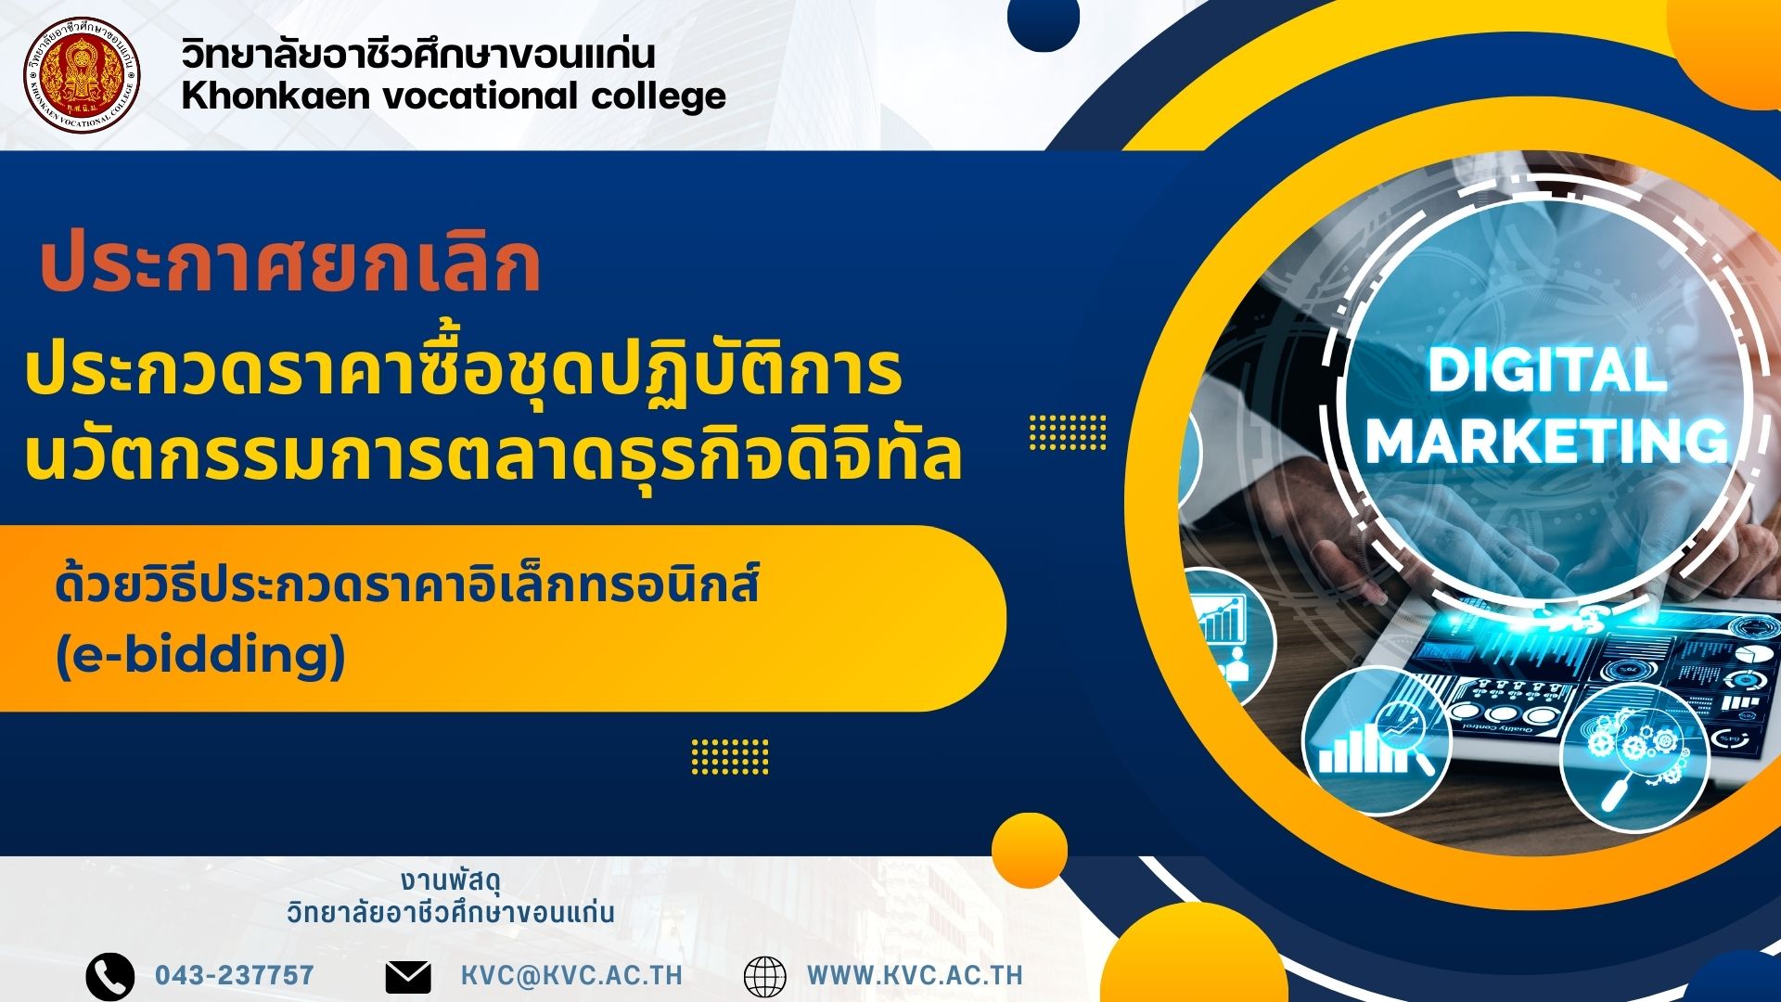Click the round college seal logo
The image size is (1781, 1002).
tap(82, 74)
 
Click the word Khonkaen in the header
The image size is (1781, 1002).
tap(275, 95)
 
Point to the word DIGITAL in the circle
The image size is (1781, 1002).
tap(1547, 370)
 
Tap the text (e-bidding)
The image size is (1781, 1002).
tap(200, 655)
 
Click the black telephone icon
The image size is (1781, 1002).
tap(110, 976)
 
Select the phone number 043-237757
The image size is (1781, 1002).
tap(235, 976)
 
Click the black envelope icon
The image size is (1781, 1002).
tap(408, 977)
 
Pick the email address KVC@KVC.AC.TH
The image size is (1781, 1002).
tap(571, 976)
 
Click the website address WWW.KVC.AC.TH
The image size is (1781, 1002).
tap(915, 976)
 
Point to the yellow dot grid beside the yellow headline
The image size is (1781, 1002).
tap(1068, 432)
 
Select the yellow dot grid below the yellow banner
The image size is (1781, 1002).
tap(730, 756)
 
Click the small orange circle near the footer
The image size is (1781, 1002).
tap(1030, 851)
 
